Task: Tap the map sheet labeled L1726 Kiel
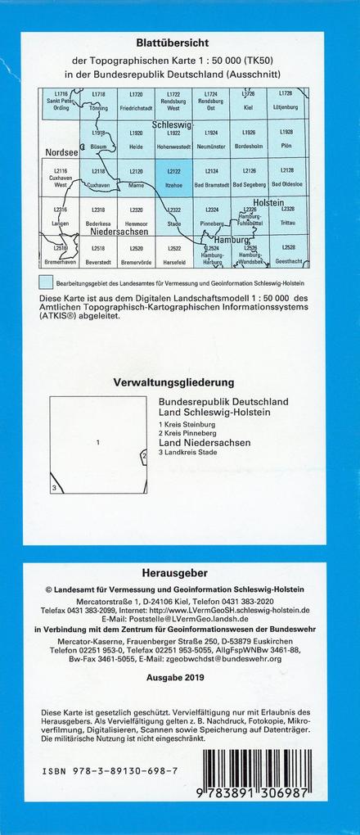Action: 250,102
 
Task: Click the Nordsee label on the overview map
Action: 61,152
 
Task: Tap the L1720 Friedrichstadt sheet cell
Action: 136,102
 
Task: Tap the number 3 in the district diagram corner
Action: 54,488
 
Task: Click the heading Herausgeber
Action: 179,575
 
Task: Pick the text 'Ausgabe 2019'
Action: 179,678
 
